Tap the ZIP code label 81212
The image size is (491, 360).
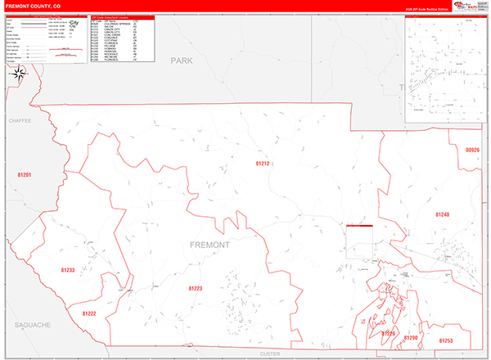[262, 164]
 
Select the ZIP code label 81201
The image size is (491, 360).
[24, 175]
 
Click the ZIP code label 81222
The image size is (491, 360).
[89, 313]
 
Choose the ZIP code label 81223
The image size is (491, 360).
[195, 288]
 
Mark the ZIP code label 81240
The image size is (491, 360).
[443, 214]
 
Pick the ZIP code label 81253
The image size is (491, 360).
[446, 340]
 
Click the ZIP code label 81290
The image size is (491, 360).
[411, 337]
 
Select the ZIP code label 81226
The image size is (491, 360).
[388, 334]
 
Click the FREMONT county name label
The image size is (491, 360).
[209, 245]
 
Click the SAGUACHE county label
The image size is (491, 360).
[32, 325]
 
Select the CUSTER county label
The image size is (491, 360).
[269, 353]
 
